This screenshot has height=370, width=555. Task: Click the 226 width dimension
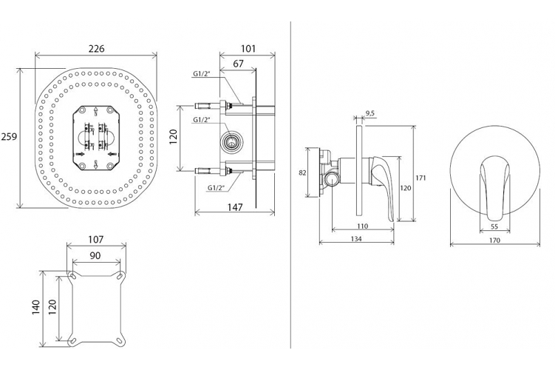click(96, 48)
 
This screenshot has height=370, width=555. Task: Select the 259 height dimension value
click(9, 136)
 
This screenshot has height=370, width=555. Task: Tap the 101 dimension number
click(248, 48)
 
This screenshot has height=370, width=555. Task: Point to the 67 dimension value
click(239, 64)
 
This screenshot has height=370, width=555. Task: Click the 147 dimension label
click(235, 207)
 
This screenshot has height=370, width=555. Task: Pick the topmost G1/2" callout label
click(202, 74)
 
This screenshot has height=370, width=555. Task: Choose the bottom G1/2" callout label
click(217, 187)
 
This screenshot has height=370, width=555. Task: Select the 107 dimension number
click(96, 240)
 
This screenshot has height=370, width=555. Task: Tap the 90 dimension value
click(95, 255)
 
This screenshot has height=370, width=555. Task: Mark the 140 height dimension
click(36, 308)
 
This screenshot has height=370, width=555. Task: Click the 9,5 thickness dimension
click(370, 113)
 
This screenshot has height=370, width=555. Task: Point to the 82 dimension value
click(302, 173)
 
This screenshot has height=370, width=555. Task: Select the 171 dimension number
click(420, 178)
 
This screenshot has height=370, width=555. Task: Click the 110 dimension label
click(363, 226)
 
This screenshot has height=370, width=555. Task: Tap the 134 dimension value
click(356, 239)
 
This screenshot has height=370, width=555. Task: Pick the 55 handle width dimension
click(494, 226)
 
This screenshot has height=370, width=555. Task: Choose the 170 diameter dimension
click(494, 240)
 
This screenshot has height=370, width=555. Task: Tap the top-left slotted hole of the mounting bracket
click(72, 276)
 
